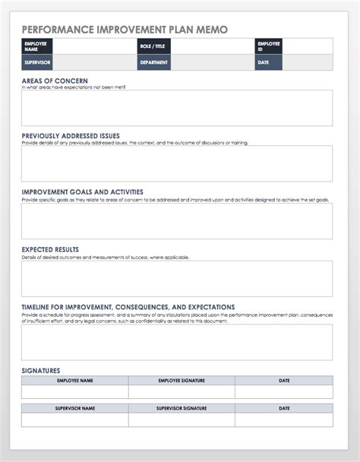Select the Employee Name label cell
point(36,46)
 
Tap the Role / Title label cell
point(153,46)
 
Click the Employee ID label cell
point(269,46)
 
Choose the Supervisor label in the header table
point(36,63)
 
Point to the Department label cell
point(153,63)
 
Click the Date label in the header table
point(269,63)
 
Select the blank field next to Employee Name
point(94,46)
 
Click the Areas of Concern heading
point(55,81)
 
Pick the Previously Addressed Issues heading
point(70,136)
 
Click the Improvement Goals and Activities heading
point(82,192)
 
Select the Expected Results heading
point(50,249)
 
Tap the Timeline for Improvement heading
point(128,307)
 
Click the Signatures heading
point(41,371)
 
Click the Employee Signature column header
point(181,380)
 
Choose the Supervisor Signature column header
point(181,409)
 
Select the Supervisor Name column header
point(74,409)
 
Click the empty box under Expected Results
point(176,278)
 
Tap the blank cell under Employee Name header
point(74,391)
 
